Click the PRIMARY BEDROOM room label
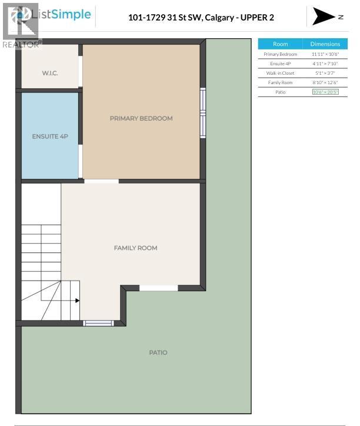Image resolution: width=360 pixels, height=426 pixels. (x=141, y=118)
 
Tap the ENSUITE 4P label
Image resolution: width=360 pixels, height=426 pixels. (x=50, y=136)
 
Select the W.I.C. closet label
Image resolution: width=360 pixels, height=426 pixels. (x=49, y=74)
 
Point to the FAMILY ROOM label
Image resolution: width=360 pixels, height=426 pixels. (x=135, y=248)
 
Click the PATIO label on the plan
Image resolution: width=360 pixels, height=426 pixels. (x=158, y=352)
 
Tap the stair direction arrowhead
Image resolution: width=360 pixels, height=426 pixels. (x=76, y=300)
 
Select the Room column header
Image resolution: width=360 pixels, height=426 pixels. (x=281, y=44)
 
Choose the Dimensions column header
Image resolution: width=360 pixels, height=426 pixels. (x=325, y=44)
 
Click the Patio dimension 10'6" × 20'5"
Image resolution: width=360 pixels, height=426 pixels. (x=325, y=92)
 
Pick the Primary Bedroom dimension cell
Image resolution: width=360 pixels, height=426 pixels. (x=325, y=54)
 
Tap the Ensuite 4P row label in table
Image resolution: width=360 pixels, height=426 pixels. (x=281, y=64)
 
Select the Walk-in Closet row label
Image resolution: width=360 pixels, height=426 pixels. (x=281, y=73)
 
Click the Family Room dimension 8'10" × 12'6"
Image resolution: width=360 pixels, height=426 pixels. (x=325, y=82)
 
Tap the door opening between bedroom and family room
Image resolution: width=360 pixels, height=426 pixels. (x=101, y=181)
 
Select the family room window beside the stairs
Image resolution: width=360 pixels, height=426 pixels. (x=98, y=322)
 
